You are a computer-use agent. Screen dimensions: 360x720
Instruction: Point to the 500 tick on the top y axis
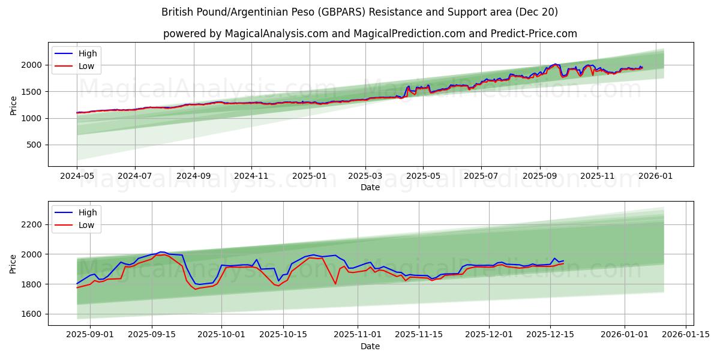click(34, 145)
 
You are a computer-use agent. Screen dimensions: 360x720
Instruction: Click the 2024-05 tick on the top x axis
click(77, 176)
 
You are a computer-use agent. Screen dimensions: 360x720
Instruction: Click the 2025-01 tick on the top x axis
click(310, 176)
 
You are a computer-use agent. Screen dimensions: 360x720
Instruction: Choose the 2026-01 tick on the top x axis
click(655, 176)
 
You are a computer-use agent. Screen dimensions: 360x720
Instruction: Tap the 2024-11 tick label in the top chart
click(251, 176)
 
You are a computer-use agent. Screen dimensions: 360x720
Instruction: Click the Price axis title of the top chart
click(13, 106)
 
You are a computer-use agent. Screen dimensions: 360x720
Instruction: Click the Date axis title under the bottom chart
click(370, 346)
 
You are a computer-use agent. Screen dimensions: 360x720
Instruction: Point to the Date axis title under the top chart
click(370, 187)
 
